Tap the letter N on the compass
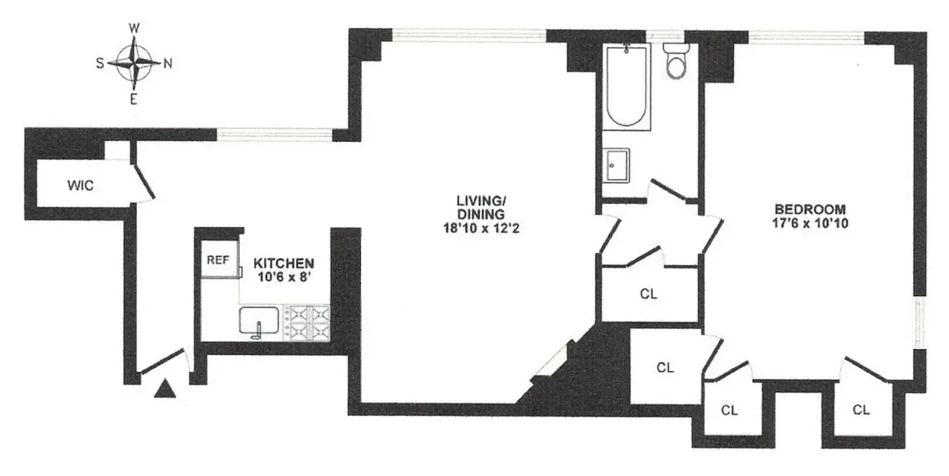[x=168, y=63]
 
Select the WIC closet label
[x=80, y=185]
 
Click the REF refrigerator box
[x=218, y=259]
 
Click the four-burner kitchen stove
[x=306, y=323]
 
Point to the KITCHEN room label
[x=283, y=263]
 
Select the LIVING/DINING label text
[x=481, y=207]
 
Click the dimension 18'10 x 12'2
[x=481, y=228]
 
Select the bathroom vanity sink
[x=616, y=166]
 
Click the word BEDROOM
[x=810, y=209]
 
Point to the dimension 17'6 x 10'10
[x=810, y=223]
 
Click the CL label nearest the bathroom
[x=648, y=294]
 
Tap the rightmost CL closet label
[x=861, y=410]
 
